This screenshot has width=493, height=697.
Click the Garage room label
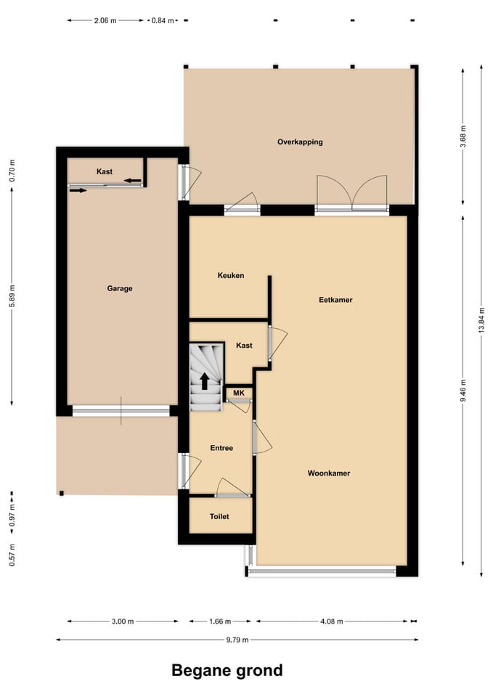coord(120,288)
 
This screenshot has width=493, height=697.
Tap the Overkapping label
coord(300,142)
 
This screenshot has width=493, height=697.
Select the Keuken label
coord(231,275)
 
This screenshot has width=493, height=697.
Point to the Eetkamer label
coord(335,299)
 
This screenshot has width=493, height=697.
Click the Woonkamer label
coord(329,473)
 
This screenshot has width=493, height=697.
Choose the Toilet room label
coord(219,516)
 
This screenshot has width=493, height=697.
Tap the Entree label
coord(221,448)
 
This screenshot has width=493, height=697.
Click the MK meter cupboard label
coord(238,393)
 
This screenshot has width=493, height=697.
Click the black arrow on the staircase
coord(205,380)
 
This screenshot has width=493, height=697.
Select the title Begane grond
coord(227,670)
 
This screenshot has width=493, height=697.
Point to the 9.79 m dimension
coord(236,640)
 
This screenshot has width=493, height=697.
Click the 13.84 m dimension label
coord(481,319)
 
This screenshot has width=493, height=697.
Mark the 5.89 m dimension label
coord(12,295)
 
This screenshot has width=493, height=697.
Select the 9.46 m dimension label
coord(463,392)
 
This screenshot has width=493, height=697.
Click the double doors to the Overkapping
coord(352,195)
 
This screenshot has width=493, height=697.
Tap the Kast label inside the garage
coord(105,171)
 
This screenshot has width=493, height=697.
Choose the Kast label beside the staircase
coord(245,345)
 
